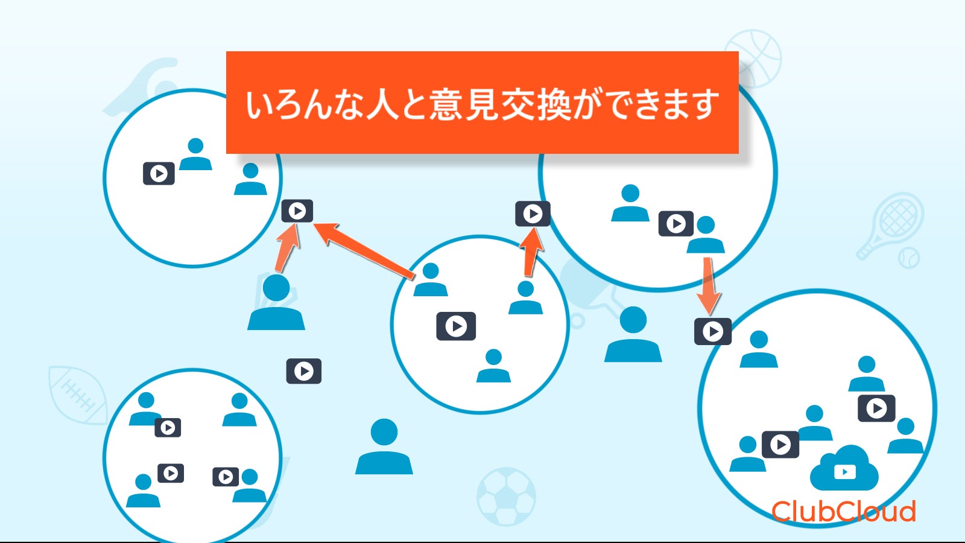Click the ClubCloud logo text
[843, 512]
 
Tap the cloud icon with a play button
[844, 469]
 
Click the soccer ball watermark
[506, 496]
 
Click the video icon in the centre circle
[456, 326]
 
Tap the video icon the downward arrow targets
[713, 331]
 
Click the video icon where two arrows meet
[297, 211]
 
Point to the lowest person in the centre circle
[493, 366]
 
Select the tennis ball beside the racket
[908, 258]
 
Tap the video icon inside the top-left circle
[159, 174]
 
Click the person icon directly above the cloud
[815, 423]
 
